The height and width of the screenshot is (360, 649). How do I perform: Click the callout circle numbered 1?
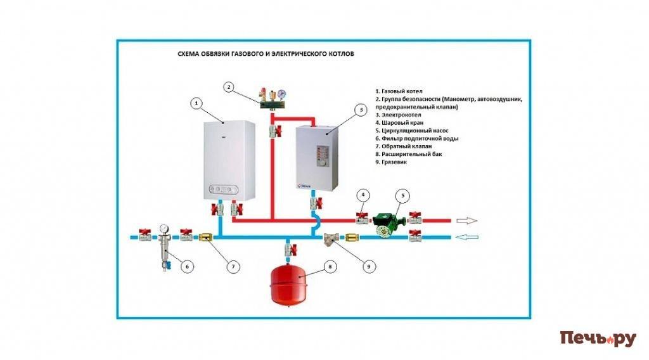pos(197,103)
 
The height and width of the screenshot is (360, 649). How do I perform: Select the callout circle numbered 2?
pos(229,87)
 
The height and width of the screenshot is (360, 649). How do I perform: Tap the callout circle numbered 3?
pos(361,110)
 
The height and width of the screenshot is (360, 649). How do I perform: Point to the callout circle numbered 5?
pos(404,196)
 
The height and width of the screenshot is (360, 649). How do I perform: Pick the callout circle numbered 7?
pos(233,267)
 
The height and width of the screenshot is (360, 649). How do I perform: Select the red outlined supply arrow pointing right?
pos(468,221)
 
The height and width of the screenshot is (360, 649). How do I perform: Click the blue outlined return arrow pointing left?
pos(468,238)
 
